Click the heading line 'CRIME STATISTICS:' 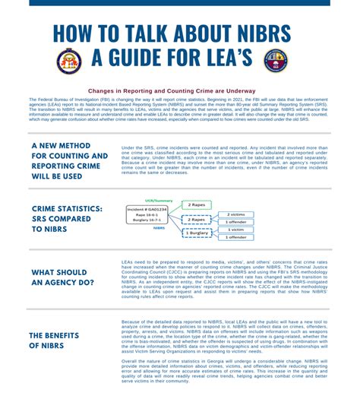(68, 208)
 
